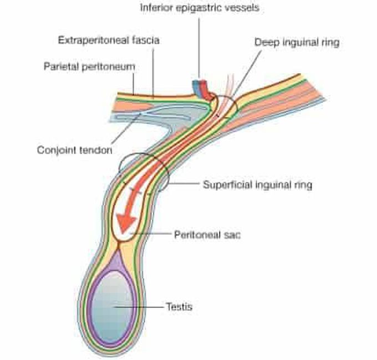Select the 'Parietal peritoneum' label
click(x=89, y=66)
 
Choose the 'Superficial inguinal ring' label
click(x=257, y=184)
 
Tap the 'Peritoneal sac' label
click(x=207, y=234)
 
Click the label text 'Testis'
click(x=179, y=306)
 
